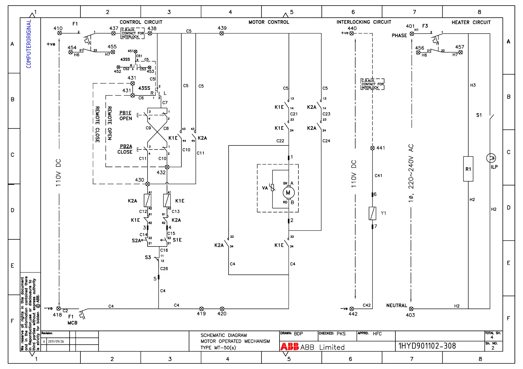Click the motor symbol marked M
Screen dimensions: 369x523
pos(288,193)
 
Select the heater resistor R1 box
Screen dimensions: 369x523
pos(468,169)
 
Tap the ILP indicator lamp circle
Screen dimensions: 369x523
pos(491,158)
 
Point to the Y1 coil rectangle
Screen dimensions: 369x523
pos(372,213)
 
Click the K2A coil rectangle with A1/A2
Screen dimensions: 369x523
pos(148,201)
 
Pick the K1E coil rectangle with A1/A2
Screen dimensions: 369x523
pos(167,201)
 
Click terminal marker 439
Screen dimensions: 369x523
pos(222,33)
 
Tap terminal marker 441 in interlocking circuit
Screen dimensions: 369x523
pos(372,148)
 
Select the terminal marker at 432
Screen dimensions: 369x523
pos(167,167)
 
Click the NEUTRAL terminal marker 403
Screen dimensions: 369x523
pos(411,309)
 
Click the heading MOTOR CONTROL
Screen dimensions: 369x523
pos(269,22)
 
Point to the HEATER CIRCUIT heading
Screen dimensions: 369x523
pos(471,22)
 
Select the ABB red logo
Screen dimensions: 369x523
pos(289,347)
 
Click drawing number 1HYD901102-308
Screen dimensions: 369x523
pos(427,346)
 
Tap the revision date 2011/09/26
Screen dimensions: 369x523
pos(56,341)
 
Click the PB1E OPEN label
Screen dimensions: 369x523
pos(125,116)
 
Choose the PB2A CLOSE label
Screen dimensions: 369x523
pos(125,149)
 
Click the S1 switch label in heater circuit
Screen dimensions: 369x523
pos(479,115)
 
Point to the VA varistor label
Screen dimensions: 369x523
pos(265,188)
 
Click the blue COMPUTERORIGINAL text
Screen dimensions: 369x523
pos(29,44)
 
